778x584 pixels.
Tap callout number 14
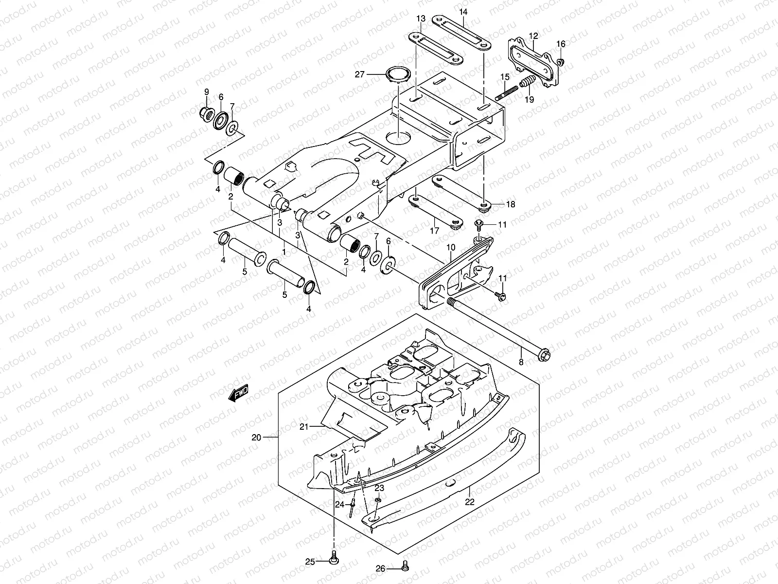tap(463, 11)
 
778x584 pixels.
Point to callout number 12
tap(533, 36)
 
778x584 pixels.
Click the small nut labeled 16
tap(561, 61)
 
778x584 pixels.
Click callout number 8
tap(521, 362)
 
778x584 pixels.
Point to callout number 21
tap(304, 427)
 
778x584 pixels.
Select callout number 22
tap(469, 502)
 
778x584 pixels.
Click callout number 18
tap(510, 205)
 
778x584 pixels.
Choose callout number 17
tap(435, 230)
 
